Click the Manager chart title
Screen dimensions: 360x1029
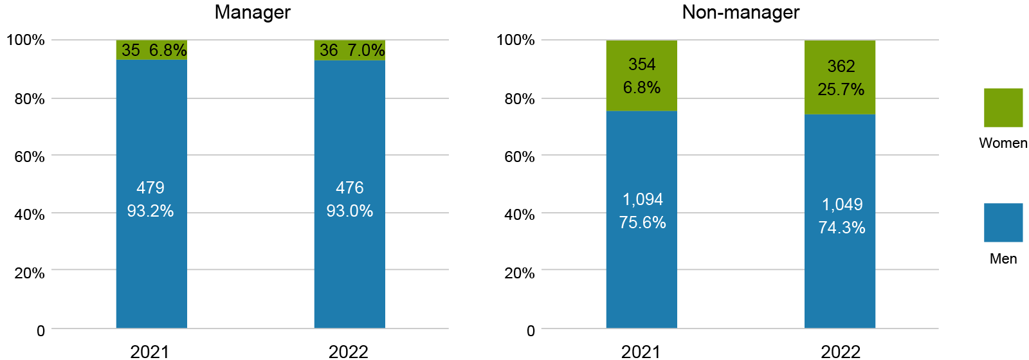click(x=252, y=12)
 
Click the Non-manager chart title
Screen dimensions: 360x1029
click(x=740, y=12)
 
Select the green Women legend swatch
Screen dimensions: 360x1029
click(x=1003, y=107)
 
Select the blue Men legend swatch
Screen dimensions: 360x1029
click(x=1003, y=222)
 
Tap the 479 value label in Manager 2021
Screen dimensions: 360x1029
click(x=150, y=188)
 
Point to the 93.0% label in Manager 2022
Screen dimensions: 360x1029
click(x=349, y=211)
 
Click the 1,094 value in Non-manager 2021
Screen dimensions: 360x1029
click(x=642, y=199)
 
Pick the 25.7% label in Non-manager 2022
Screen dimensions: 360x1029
click(x=841, y=89)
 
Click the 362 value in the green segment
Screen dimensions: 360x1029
click(x=841, y=66)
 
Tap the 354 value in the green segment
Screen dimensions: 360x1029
click(x=642, y=64)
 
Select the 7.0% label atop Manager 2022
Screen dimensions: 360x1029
click(x=366, y=50)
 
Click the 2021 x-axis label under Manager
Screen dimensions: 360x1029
click(x=149, y=352)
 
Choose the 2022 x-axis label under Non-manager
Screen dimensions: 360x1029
click(x=840, y=352)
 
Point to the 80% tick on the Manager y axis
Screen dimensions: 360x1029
click(x=30, y=98)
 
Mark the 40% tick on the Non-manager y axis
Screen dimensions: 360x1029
click(x=520, y=215)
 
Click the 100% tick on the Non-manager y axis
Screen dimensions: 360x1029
click(x=516, y=40)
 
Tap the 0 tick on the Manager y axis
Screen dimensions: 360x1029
click(x=41, y=330)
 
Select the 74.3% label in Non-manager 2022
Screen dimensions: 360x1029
click(x=841, y=228)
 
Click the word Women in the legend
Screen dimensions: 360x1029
click(x=1003, y=143)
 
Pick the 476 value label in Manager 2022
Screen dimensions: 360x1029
click(x=349, y=188)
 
